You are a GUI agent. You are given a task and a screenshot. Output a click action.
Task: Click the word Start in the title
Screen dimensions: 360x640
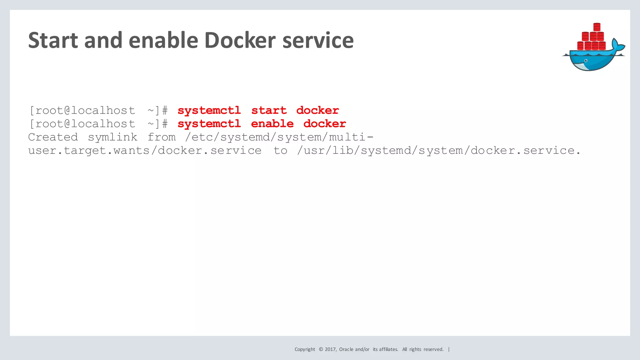(53, 40)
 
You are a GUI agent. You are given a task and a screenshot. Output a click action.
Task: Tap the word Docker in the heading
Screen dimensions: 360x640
(240, 40)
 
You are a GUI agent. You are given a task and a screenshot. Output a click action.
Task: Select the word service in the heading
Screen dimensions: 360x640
(318, 40)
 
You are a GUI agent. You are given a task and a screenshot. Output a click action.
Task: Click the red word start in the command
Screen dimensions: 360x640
(269, 110)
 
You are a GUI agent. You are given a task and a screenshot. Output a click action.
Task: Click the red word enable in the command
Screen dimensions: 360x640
(272, 124)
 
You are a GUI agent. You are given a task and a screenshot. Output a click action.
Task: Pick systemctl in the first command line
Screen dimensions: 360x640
(209, 110)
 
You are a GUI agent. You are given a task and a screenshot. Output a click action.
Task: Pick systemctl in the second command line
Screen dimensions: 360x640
(209, 124)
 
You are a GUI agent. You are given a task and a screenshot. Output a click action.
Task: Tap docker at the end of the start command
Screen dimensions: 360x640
(317, 110)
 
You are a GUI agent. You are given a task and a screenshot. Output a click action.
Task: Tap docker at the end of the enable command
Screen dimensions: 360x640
(325, 124)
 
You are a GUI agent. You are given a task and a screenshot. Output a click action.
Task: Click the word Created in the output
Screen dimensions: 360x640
(53, 137)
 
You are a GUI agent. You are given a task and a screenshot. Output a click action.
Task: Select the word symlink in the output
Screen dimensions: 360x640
(112, 137)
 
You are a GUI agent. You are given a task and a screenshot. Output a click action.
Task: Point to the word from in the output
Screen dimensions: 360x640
(162, 137)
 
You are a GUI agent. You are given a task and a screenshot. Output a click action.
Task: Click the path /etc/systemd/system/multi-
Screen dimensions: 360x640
(279, 137)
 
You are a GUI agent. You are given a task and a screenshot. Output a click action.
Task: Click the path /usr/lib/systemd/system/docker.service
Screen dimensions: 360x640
(438, 151)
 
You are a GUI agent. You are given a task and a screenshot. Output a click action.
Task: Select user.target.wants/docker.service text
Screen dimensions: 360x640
(145, 151)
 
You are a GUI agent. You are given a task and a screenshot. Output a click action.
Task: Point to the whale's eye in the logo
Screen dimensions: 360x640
(586, 61)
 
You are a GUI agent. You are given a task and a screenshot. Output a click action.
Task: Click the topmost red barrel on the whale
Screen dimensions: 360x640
(597, 27)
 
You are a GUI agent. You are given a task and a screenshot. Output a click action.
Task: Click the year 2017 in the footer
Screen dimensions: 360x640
(330, 349)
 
